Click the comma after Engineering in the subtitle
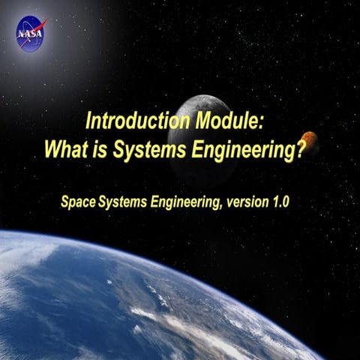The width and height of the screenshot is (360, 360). point(218,205)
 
